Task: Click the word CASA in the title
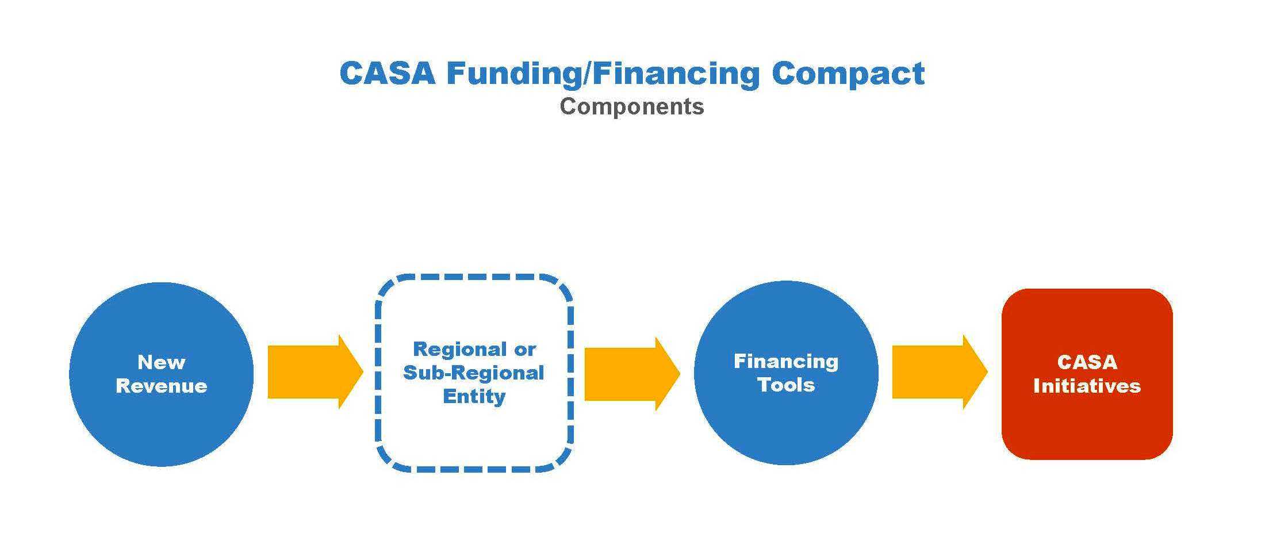click(387, 73)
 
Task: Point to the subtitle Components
click(632, 107)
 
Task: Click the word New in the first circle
click(162, 362)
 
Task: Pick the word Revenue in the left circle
click(162, 385)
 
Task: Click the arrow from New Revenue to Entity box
click(316, 372)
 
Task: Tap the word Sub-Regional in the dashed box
click(473, 373)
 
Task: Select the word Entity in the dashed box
click(474, 396)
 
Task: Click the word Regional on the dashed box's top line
click(458, 349)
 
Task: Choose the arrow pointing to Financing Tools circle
click(632, 373)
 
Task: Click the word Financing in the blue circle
click(786, 362)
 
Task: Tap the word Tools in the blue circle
click(786, 385)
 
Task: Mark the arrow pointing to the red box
click(940, 372)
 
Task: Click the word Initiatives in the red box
click(1087, 386)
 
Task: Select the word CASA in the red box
click(1087, 362)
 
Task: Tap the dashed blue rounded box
click(377, 374)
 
